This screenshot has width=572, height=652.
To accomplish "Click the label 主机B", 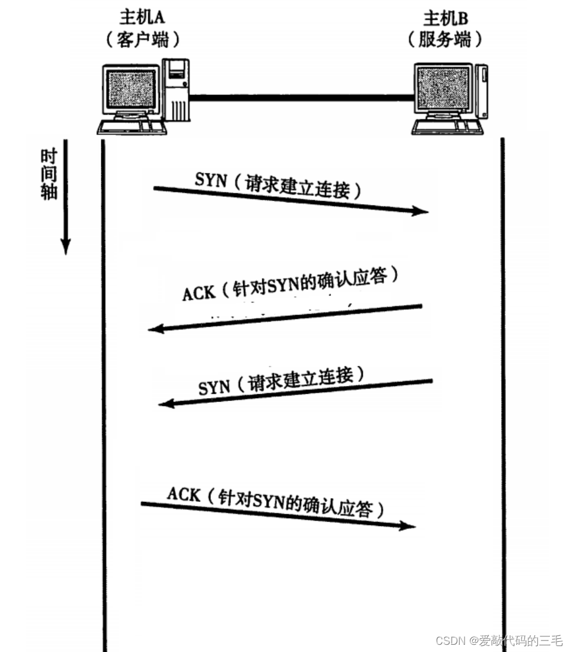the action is click(x=445, y=17).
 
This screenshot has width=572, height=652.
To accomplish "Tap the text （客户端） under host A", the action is click(x=142, y=40).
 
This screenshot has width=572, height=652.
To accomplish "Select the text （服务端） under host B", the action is click(x=445, y=40).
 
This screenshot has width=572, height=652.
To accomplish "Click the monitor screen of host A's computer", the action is click(x=131, y=90).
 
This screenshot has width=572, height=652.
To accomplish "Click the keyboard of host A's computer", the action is click(x=131, y=127).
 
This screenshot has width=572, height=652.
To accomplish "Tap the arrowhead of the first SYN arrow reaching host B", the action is click(x=422, y=211).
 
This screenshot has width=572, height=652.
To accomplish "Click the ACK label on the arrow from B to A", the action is click(x=198, y=292).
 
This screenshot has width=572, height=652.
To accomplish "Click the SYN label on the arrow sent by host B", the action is click(x=214, y=387).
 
